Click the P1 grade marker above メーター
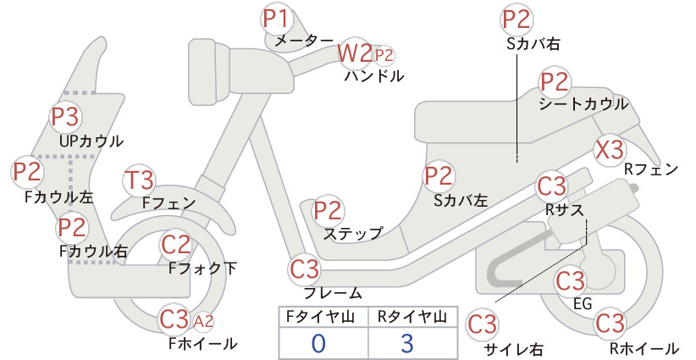(x=276, y=19)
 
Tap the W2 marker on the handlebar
(x=355, y=53)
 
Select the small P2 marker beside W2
(x=384, y=56)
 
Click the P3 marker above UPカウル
(x=65, y=117)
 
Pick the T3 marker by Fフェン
(x=140, y=181)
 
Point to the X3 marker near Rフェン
(x=610, y=151)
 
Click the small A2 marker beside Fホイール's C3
(x=204, y=321)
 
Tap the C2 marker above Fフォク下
(x=176, y=245)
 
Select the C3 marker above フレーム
(x=305, y=269)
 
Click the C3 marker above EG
(x=571, y=280)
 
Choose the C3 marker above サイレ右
(x=482, y=324)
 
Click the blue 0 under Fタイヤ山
(x=318, y=343)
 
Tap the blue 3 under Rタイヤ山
(x=407, y=343)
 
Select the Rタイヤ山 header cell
(x=413, y=317)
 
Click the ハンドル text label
(x=374, y=76)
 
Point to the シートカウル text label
(x=583, y=104)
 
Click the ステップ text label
(x=353, y=234)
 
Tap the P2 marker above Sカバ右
(x=516, y=20)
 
